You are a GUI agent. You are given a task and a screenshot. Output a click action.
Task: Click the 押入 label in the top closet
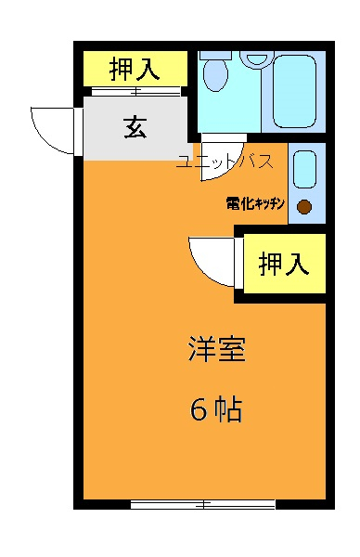[135, 68]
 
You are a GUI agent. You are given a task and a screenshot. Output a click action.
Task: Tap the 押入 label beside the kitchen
[283, 265]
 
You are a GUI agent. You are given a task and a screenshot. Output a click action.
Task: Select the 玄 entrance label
[135, 128]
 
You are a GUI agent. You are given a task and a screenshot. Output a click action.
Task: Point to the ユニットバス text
[224, 162]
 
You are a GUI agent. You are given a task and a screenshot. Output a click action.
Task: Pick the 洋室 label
[216, 352]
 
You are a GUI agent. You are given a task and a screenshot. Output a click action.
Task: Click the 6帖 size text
[216, 409]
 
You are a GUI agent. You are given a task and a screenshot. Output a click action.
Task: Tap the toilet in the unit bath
[215, 77]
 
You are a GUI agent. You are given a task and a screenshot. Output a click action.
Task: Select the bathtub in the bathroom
[295, 91]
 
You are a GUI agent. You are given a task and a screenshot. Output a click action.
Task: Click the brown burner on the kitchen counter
[304, 207]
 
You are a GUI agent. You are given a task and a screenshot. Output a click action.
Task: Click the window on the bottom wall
[202, 504]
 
